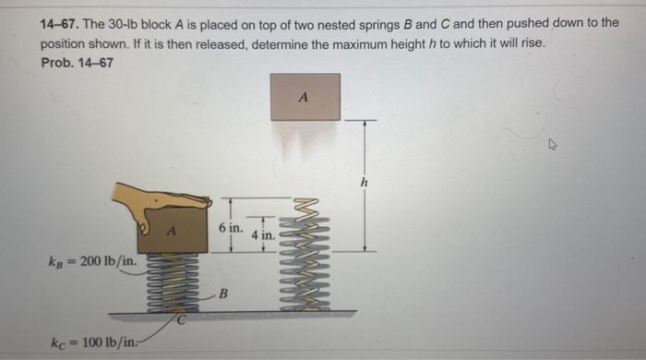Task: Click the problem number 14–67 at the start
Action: click(59, 24)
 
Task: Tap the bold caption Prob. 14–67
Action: click(77, 63)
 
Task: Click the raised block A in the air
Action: click(305, 97)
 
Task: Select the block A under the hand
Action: click(173, 231)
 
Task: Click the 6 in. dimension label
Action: click(231, 227)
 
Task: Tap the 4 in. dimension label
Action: click(263, 235)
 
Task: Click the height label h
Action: click(364, 182)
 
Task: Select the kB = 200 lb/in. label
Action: click(92, 261)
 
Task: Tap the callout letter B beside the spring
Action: click(223, 294)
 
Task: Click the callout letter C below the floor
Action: click(181, 319)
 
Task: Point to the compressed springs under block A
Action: click(173, 282)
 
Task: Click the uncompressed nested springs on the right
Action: click(305, 255)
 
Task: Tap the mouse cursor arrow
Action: click(552, 144)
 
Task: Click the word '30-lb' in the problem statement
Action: click(123, 24)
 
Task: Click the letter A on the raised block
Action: click(304, 97)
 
